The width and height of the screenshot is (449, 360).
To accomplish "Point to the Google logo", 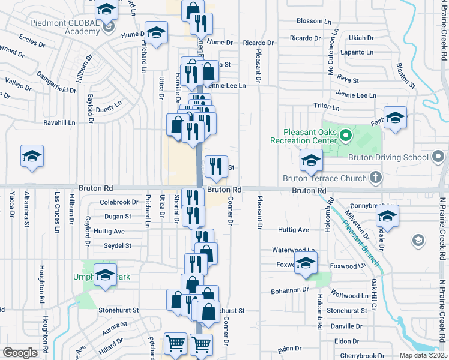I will coord(20,353).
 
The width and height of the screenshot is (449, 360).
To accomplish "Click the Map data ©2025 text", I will coord(423,355).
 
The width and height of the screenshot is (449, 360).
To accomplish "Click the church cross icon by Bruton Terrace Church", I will coord(375,178).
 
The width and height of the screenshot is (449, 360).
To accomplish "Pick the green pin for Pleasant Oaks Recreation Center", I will coord(345,135).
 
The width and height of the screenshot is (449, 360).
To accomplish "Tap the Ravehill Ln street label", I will coord(59,123).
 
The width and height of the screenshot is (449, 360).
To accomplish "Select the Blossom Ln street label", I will coord(310,21).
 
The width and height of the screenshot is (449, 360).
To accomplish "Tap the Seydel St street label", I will coord(117,245).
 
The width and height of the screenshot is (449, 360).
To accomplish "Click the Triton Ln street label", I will coord(310,106).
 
